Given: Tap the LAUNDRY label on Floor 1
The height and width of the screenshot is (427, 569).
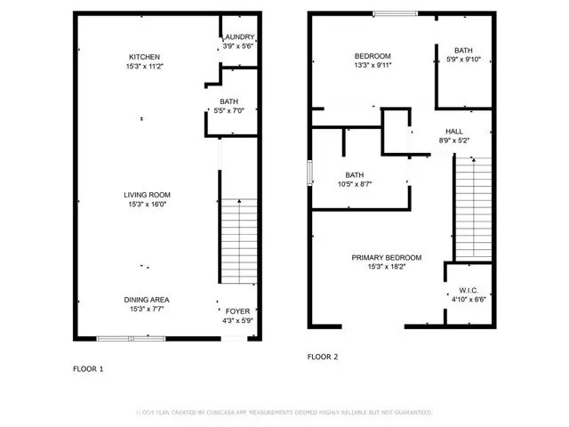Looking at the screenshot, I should (238, 36).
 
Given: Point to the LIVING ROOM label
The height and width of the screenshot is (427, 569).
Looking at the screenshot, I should (147, 194).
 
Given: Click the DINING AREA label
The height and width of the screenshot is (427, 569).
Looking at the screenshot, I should (147, 300).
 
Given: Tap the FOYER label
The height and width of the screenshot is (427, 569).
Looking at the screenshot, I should (237, 310).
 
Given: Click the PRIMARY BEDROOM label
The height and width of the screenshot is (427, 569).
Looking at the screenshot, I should (386, 257).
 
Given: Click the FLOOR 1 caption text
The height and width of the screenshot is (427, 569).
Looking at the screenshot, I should (88, 367).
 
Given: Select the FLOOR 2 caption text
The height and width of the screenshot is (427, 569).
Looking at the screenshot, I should (323, 356).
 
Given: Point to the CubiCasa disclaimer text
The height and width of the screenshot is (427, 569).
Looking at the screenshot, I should (284, 413).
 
